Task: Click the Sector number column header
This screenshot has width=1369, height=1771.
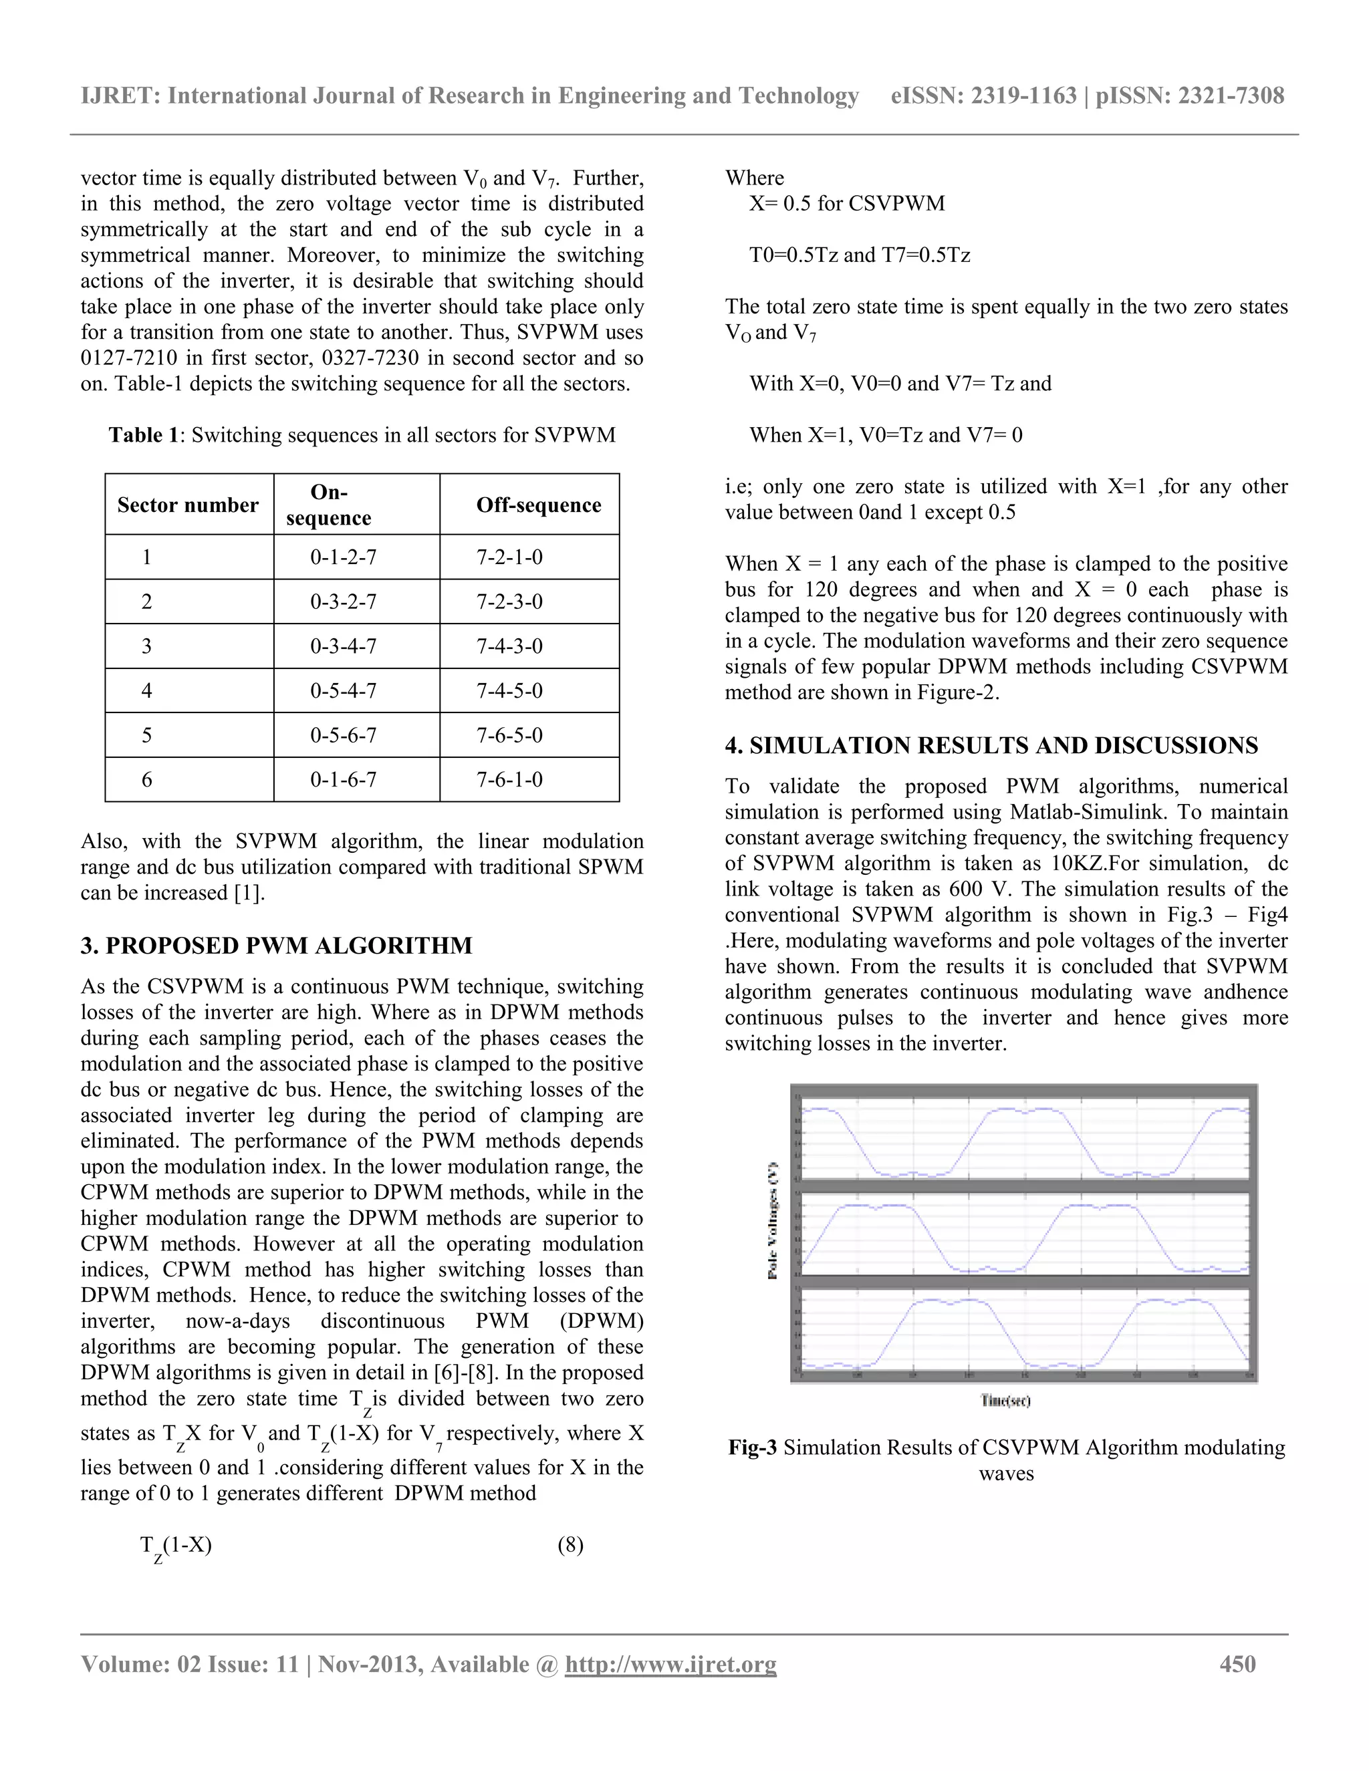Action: [187, 505]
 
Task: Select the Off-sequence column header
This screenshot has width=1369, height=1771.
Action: [539, 505]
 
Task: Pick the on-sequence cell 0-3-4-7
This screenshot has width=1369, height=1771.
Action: [343, 646]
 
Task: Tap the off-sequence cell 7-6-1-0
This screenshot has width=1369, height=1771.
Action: [509, 780]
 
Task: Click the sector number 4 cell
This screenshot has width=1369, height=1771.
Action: [147, 691]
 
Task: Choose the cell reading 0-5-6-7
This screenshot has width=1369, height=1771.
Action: [343, 736]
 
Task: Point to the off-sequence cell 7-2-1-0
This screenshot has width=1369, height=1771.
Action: [509, 557]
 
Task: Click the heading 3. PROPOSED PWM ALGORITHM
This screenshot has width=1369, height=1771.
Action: [276, 946]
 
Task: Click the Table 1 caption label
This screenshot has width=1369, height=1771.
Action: [144, 436]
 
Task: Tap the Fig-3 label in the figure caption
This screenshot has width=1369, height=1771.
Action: [753, 1448]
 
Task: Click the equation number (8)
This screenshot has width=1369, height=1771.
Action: [570, 1544]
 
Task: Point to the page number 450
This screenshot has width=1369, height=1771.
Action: [1237, 1664]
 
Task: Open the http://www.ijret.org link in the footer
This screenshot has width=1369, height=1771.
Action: [670, 1665]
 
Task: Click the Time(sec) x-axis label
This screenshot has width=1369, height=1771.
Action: [1005, 1400]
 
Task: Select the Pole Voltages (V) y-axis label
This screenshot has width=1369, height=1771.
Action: [773, 1221]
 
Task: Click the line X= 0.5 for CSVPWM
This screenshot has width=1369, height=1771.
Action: [847, 204]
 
